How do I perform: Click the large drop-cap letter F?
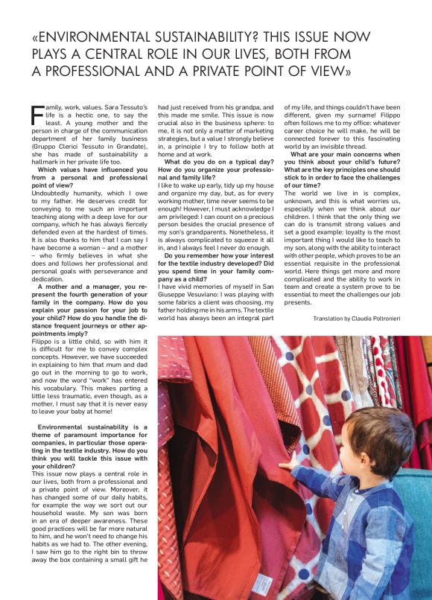point(38,115)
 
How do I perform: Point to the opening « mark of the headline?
point(36,36)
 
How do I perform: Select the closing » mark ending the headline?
point(346,71)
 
